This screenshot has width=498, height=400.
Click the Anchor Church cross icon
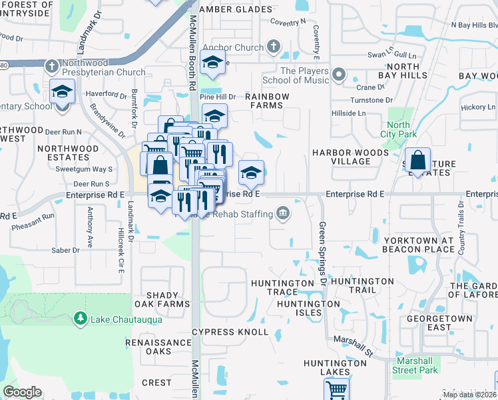pos(272,47)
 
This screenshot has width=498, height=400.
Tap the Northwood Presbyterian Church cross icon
pos(52,66)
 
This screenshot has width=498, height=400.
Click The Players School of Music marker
pos(339,74)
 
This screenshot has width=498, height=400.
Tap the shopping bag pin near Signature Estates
pos(417,161)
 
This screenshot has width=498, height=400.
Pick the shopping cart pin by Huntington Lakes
pos(337,389)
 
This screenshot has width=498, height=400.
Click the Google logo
pos(22,392)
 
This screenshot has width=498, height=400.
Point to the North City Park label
pos(398,129)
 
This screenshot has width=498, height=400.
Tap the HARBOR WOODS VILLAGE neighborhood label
pos(350,157)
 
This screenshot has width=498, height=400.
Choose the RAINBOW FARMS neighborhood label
pos(268,101)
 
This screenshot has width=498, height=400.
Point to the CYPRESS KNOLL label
pos(230,332)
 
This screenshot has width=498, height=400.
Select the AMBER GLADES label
pos(226,9)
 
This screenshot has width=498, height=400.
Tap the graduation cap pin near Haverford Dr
pos(62,91)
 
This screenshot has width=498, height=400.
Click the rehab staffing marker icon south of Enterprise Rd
pos(283,213)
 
